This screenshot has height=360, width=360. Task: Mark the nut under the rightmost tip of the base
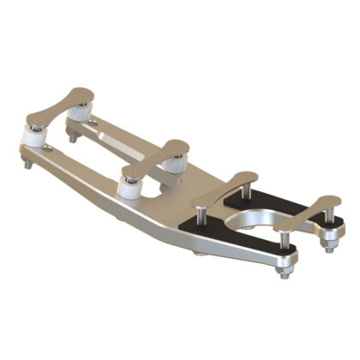tap(327, 247)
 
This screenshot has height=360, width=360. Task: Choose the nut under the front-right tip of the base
tap(285, 272)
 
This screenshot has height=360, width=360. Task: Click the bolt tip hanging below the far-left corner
tap(28, 163)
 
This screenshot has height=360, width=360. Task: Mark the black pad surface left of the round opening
tap(210, 225)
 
